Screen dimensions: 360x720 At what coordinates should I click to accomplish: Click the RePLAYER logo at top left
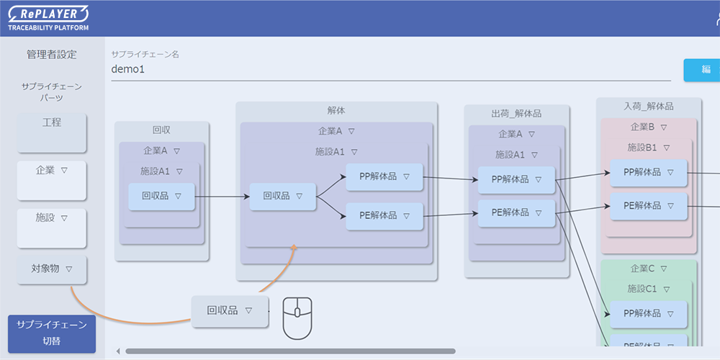[48, 17]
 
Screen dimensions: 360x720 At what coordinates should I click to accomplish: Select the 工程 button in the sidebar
[52, 132]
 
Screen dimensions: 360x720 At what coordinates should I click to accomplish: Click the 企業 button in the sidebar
[52, 180]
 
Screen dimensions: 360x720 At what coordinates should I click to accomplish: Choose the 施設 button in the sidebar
[52, 228]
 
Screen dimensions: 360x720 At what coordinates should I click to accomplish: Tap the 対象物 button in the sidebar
[52, 269]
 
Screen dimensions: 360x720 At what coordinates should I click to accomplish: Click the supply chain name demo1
[128, 70]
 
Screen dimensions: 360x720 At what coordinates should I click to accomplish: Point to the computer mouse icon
[297, 318]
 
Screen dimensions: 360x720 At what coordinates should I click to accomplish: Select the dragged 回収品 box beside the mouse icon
[230, 311]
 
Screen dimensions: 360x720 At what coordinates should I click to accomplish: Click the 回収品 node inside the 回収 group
[161, 197]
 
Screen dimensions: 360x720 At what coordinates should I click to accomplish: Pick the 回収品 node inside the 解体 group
[282, 197]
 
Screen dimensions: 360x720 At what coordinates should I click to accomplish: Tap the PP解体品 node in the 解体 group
[384, 177]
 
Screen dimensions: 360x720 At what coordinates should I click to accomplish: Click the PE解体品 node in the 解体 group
[384, 216]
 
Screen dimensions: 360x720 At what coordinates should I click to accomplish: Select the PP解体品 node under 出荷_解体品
[516, 179]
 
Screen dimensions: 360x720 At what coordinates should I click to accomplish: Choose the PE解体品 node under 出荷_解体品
[516, 213]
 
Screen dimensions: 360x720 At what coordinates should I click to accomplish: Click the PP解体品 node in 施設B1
[648, 173]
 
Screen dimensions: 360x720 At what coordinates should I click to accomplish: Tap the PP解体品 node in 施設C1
[648, 314]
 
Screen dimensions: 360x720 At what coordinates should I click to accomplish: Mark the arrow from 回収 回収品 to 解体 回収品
[222, 196]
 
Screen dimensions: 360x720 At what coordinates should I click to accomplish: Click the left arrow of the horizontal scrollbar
[118, 351]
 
